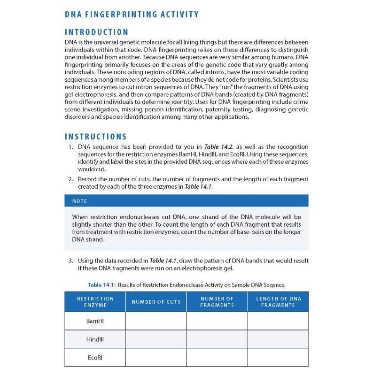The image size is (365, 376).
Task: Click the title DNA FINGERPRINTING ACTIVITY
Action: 132,15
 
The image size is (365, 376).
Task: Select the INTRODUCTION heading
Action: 96,32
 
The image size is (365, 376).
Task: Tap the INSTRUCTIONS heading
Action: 95,137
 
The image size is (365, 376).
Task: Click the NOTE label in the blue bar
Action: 79,201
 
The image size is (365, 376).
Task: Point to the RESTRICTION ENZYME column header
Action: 95,302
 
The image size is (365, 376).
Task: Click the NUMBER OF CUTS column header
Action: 156,302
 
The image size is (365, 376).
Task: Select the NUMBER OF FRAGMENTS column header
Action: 217,302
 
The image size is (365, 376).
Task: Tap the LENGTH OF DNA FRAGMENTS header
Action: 278,302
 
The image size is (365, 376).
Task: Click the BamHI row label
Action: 95,321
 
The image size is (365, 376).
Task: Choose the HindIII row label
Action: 95,339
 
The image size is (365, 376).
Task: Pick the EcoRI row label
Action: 95,357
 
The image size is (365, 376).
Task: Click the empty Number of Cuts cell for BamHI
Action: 156,321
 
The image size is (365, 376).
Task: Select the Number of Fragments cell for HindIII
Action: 217,339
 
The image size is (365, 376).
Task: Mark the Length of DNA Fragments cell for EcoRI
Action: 278,357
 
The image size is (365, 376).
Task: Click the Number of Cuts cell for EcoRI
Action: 156,357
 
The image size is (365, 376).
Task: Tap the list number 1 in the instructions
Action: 70,147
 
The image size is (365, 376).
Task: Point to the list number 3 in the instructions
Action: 70,261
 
